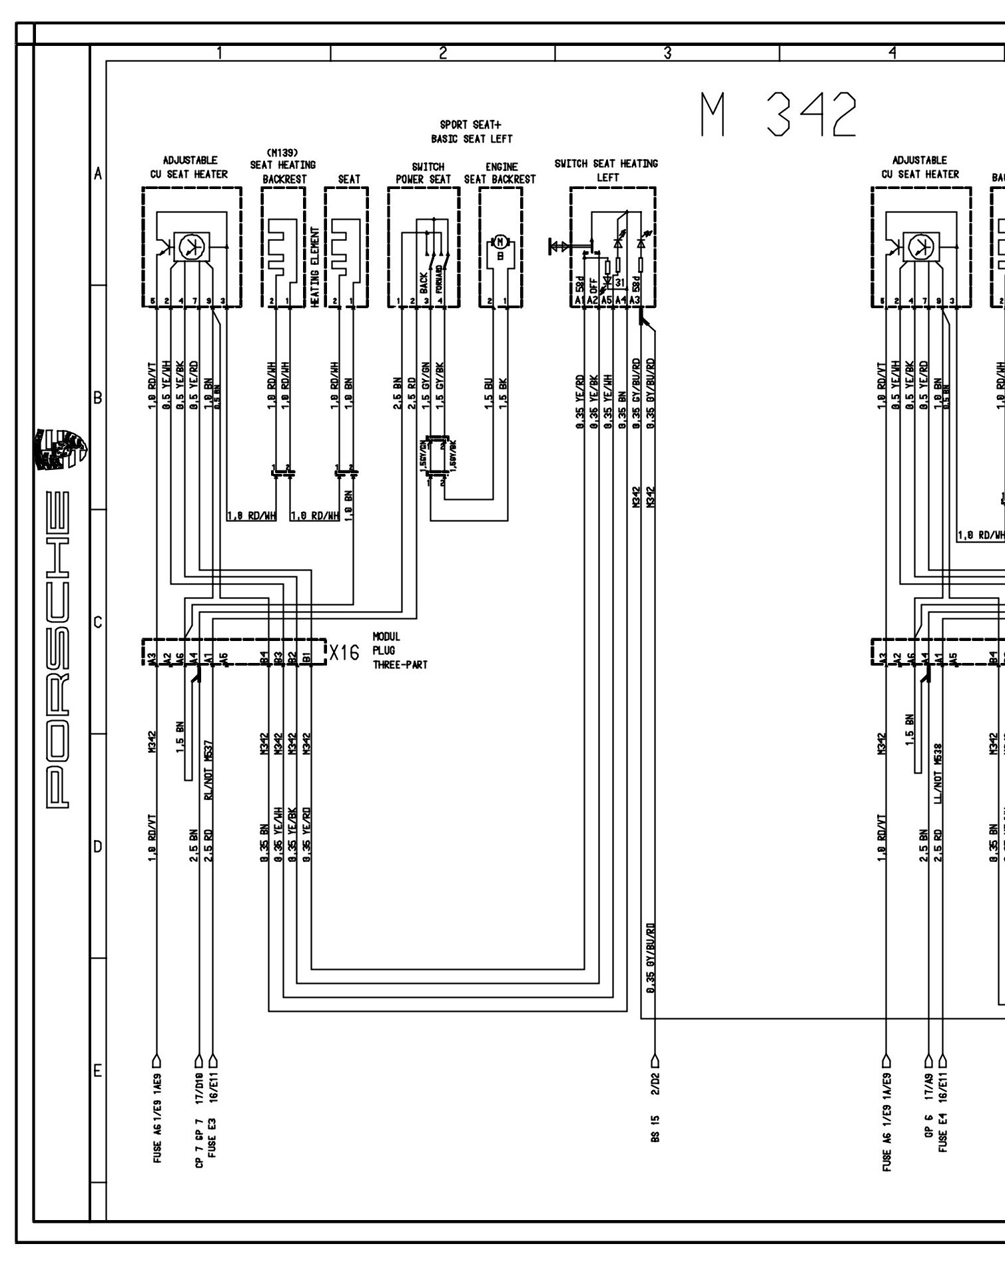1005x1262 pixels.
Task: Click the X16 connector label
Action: pyautogui.click(x=345, y=653)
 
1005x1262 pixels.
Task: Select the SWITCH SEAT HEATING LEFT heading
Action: pyautogui.click(x=606, y=170)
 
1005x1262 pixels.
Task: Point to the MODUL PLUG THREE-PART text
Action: pyautogui.click(x=400, y=650)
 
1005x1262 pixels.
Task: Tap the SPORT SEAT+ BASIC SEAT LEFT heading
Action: pyautogui.click(x=472, y=131)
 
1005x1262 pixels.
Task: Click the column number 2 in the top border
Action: pyautogui.click(x=443, y=53)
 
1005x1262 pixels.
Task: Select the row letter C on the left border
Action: pyautogui.click(x=98, y=622)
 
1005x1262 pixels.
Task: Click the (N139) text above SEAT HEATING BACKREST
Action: pyautogui.click(x=283, y=153)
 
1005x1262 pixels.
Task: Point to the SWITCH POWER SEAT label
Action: pyautogui.click(x=424, y=173)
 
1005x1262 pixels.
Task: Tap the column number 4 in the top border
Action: pyautogui.click(x=892, y=53)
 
